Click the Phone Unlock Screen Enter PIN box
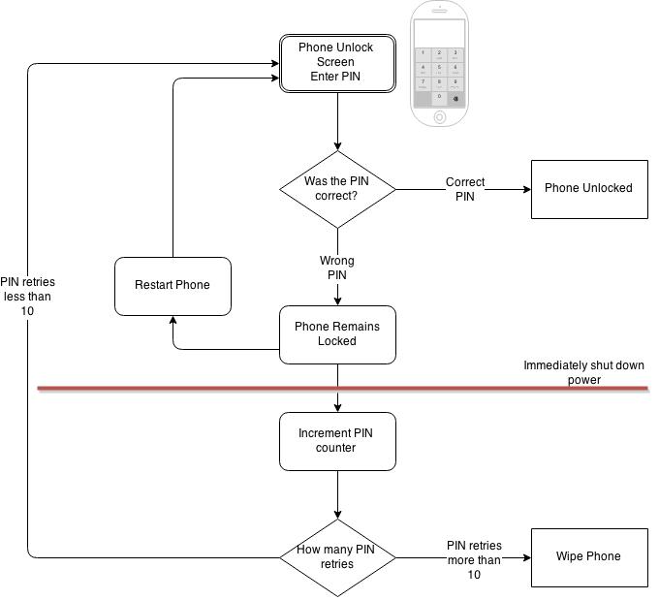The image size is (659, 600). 336,63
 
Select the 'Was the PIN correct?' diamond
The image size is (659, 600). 336,189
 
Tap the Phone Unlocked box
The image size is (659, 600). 587,188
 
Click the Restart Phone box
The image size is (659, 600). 173,285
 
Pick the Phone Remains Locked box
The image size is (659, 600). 336,334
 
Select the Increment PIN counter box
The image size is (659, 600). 336,441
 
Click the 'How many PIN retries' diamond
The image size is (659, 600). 336,557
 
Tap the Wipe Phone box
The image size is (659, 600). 587,556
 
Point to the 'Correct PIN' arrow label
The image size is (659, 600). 465,189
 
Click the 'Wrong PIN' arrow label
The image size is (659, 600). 336,268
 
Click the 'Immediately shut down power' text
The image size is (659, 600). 583,372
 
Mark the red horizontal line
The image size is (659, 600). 194,389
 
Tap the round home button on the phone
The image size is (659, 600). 440,116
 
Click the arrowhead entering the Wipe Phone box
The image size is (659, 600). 525,557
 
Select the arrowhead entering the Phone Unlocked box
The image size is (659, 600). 525,189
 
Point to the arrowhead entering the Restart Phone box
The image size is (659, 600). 173,321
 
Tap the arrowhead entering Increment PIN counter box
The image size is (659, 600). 336,408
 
